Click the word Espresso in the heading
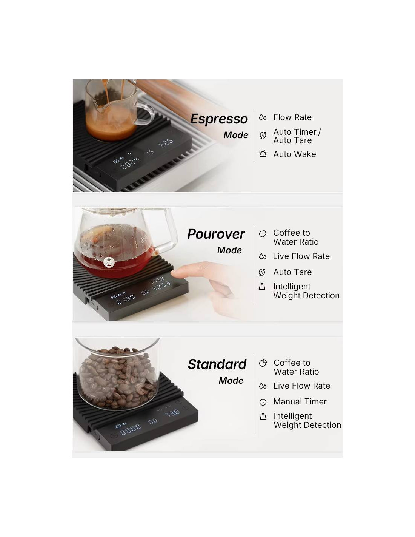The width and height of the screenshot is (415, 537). (x=219, y=119)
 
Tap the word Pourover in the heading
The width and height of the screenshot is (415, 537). (x=216, y=234)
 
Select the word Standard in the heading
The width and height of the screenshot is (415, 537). (x=217, y=364)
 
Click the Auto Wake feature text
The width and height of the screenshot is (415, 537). (x=295, y=154)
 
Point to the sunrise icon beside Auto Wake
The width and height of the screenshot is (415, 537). (x=263, y=154)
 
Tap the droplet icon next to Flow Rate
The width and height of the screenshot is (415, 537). (x=263, y=117)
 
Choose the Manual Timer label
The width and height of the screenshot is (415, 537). (x=300, y=401)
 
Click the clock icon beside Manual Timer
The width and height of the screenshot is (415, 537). (x=263, y=402)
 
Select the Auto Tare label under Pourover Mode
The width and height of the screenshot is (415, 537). (x=292, y=272)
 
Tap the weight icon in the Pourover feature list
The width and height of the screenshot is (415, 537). (x=262, y=287)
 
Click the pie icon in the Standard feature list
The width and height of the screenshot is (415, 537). (x=263, y=363)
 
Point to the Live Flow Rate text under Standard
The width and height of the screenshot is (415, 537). (x=301, y=386)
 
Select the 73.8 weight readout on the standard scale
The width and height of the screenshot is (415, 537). (x=172, y=412)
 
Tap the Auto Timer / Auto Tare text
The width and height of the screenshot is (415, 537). (x=297, y=136)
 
